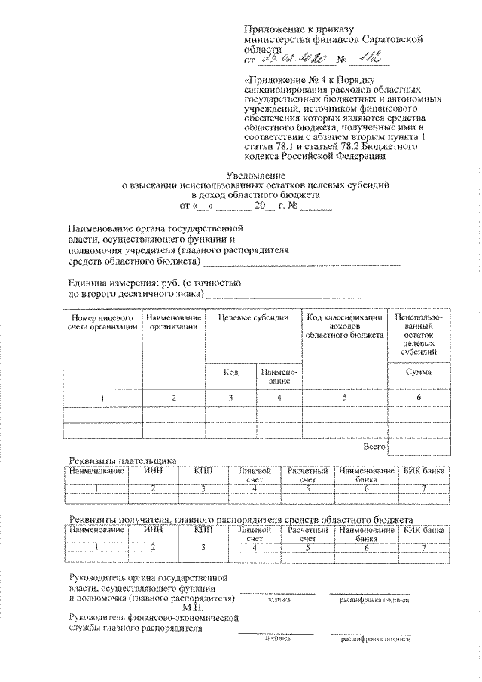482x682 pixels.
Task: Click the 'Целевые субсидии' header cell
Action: coord(253,318)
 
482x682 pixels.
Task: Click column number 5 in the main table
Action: coord(343,397)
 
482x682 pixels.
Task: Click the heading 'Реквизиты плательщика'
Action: coord(122,460)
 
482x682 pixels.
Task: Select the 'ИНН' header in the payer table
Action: coord(152,471)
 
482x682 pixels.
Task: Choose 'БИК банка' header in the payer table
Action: coord(424,471)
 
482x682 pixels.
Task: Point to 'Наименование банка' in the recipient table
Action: coord(366,534)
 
